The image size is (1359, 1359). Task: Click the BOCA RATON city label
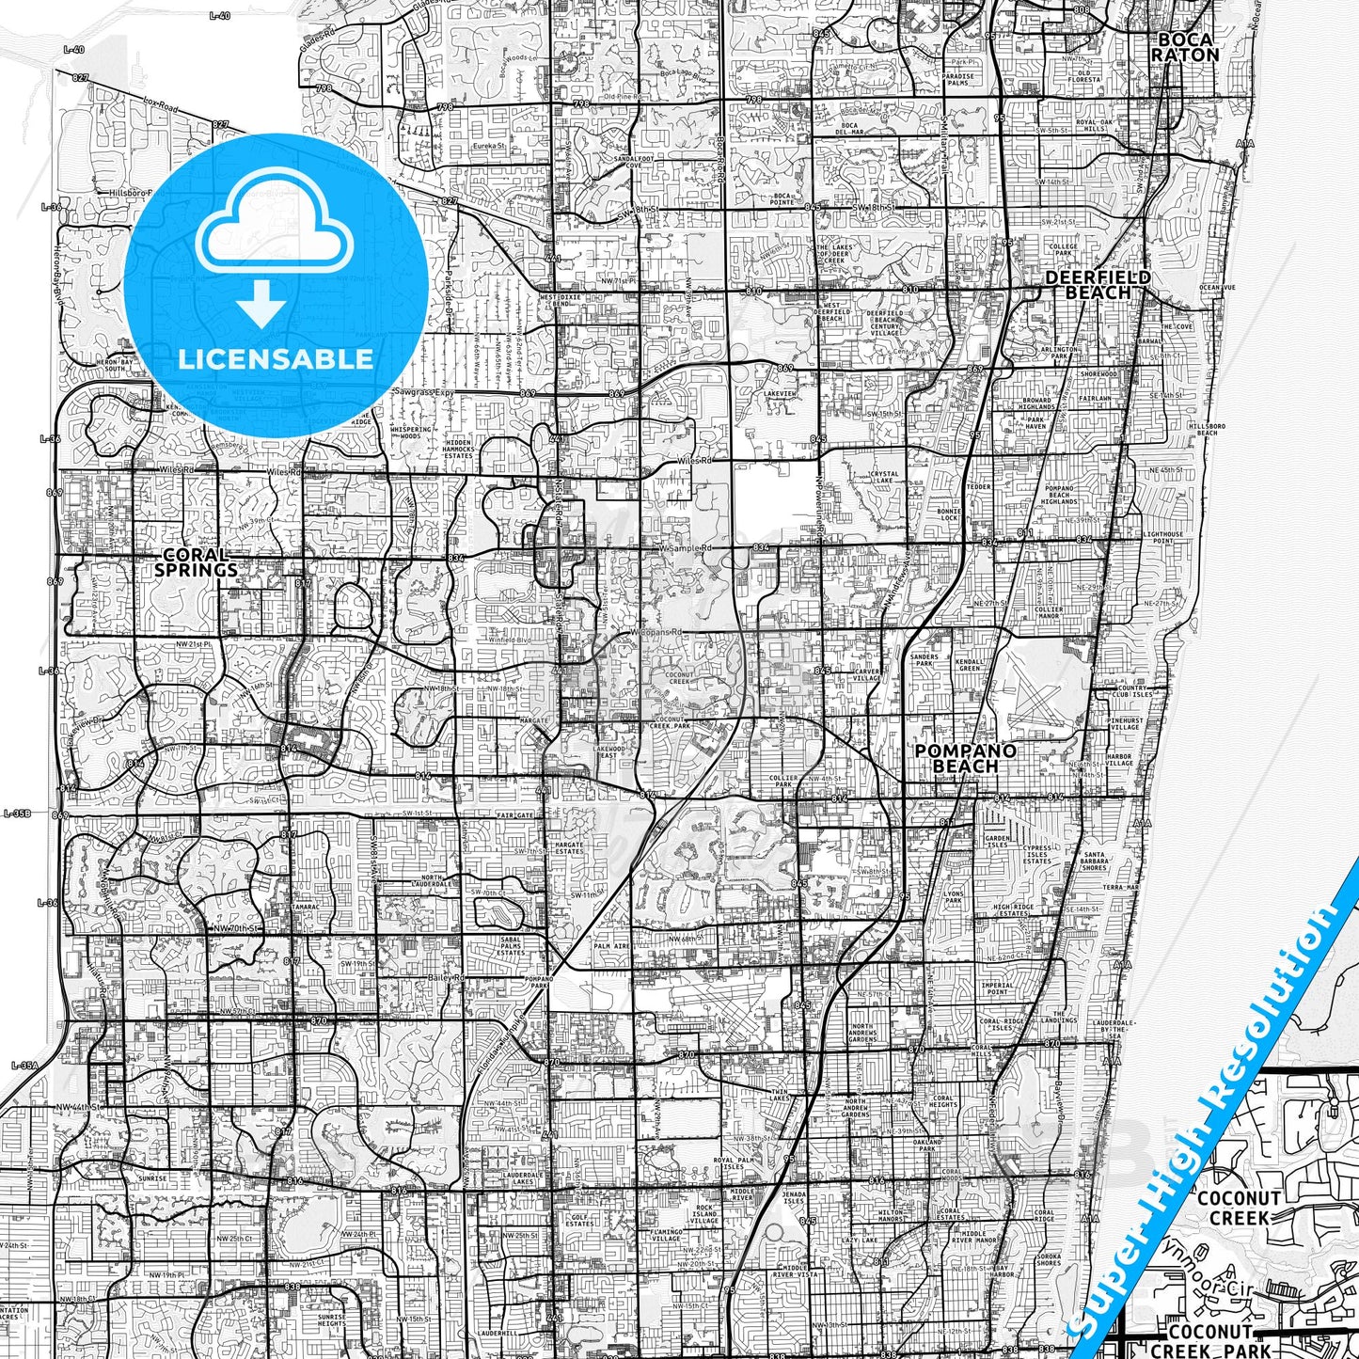tap(1184, 47)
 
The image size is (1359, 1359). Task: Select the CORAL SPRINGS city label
tap(196, 562)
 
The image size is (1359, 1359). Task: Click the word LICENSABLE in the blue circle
tap(276, 358)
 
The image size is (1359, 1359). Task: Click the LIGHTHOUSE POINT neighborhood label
tap(1162, 537)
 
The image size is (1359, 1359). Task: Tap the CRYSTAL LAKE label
tap(884, 478)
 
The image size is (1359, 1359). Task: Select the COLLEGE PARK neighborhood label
tap(1063, 249)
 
